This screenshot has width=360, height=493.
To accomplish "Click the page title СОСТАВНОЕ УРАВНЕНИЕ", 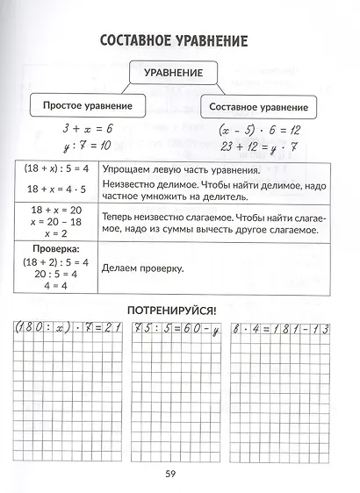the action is pos(174,41).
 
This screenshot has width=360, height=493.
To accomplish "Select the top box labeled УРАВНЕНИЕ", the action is pos(173,71).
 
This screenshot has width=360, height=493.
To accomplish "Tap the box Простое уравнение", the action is pos(87,105).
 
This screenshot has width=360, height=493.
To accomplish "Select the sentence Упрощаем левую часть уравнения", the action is pos(179,169).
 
